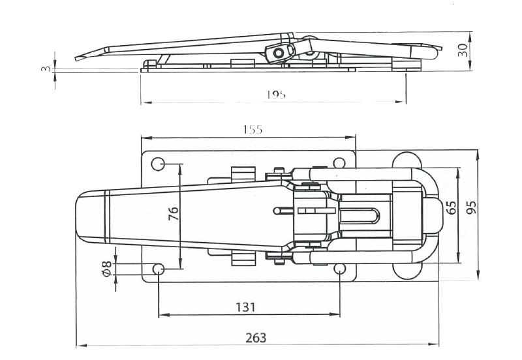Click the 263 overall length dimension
click(256, 338)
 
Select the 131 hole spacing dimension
click(246, 307)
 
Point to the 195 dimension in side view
click(276, 95)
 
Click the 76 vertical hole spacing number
click(174, 214)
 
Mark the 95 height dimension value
click(471, 207)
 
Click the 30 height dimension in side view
click(463, 50)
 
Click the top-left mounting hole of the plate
click(158, 163)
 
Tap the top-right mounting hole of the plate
click(339, 163)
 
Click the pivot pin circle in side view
click(280, 53)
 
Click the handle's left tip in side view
click(78, 57)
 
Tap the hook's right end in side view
click(435, 52)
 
